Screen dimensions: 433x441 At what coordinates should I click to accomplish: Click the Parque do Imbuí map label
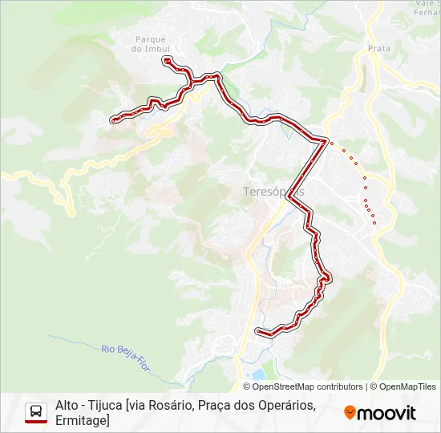(150, 43)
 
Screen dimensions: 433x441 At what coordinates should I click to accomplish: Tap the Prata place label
(379, 48)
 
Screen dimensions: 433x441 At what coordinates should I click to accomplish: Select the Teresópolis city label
(273, 192)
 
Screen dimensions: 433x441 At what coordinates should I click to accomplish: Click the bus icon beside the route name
(36, 412)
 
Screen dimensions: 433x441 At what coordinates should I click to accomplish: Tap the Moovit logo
(380, 413)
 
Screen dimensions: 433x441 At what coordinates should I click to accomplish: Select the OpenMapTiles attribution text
(407, 386)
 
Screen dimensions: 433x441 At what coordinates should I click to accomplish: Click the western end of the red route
(112, 120)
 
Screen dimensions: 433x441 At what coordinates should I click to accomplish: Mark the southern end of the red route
(257, 330)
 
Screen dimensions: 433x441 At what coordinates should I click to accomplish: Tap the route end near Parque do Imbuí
(166, 59)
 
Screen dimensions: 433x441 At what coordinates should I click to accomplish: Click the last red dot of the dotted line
(374, 223)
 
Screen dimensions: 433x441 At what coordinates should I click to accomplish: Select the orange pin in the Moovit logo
(350, 413)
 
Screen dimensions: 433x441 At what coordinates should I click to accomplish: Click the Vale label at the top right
(425, 4)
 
